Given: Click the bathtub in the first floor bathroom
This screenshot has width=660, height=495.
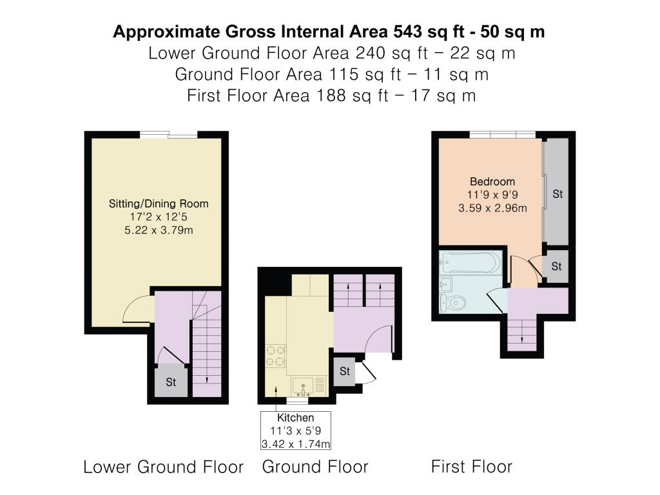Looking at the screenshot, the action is pos(471,263).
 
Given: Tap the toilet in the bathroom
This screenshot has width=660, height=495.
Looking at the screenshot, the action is pos(452,303).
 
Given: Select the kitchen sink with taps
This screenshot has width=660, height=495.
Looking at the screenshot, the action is pos(303,387).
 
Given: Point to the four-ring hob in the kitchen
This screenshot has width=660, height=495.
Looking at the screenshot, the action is pos(276,356).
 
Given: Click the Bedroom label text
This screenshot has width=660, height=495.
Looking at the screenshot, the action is pos(492,181).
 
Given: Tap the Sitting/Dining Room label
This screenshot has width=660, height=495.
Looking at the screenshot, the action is pos(159,204).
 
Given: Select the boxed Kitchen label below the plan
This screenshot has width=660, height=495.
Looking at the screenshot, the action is pos(295,430).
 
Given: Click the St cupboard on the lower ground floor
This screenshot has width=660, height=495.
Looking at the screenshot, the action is pos(171,381).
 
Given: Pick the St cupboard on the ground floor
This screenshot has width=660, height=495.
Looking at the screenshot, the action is pos(344,371).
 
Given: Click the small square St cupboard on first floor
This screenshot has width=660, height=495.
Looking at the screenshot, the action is pos(556,266).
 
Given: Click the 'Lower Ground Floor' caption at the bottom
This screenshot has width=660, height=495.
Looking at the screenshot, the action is pos(163,467).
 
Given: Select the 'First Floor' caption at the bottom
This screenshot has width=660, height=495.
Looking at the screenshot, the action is pos(471,467).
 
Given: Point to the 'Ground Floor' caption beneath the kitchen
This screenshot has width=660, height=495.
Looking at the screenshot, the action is pos(315,467).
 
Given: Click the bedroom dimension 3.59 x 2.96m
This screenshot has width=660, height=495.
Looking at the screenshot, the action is pos(492,208).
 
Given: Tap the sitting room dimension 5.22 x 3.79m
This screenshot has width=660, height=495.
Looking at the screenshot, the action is pos(159,230).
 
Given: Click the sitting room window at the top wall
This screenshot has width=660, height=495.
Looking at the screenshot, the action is pos(168,135).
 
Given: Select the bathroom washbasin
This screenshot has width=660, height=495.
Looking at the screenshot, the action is pos(446,285).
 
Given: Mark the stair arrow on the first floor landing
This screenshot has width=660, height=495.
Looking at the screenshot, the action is pos(522,332).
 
